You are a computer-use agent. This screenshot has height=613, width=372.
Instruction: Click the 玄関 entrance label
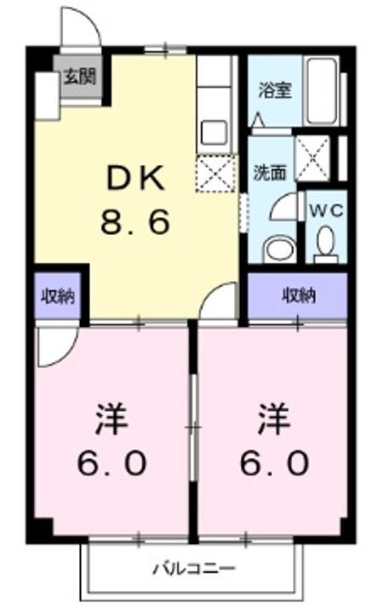78,75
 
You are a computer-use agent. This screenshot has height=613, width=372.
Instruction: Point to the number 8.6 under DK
136,223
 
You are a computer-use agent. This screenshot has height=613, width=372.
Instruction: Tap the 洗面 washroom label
268,170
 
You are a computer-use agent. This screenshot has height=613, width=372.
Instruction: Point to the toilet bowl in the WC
325,244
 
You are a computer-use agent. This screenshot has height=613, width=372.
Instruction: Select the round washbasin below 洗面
276,249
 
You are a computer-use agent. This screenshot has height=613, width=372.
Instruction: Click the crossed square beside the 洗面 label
311,155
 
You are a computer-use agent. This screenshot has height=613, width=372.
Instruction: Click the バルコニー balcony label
193,568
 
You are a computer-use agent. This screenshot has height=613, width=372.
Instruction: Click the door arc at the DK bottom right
221,303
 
